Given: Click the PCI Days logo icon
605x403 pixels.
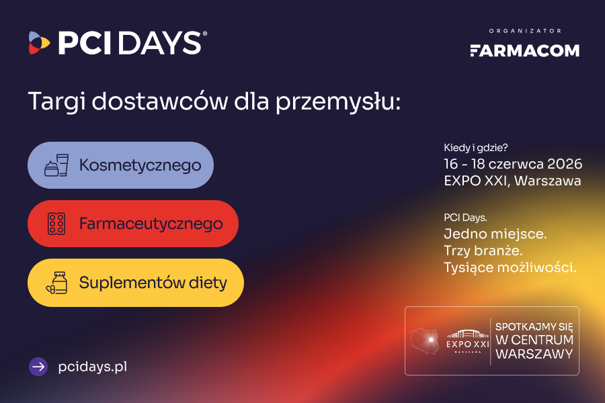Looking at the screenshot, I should click(x=39, y=43).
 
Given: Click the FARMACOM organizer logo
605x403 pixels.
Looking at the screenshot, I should click(x=524, y=50).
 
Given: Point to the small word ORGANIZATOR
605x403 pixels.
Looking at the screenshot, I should click(x=525, y=31).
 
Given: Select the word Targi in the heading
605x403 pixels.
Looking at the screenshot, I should click(x=56, y=101).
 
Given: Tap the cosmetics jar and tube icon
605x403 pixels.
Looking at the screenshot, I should click(x=56, y=165).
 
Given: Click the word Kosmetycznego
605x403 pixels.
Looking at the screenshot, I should click(x=140, y=165).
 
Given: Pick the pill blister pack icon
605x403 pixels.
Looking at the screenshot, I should click(x=56, y=223).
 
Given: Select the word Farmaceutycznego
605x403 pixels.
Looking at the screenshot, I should click(x=151, y=223).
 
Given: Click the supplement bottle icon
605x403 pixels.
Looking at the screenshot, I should click(x=56, y=282).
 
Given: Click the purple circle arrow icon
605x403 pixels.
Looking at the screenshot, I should click(x=38, y=367).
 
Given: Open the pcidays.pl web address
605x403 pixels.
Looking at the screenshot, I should click(x=93, y=367).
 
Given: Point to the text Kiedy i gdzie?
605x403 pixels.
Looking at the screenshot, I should click(x=475, y=148).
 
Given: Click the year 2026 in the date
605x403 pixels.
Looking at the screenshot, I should click(x=564, y=164).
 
